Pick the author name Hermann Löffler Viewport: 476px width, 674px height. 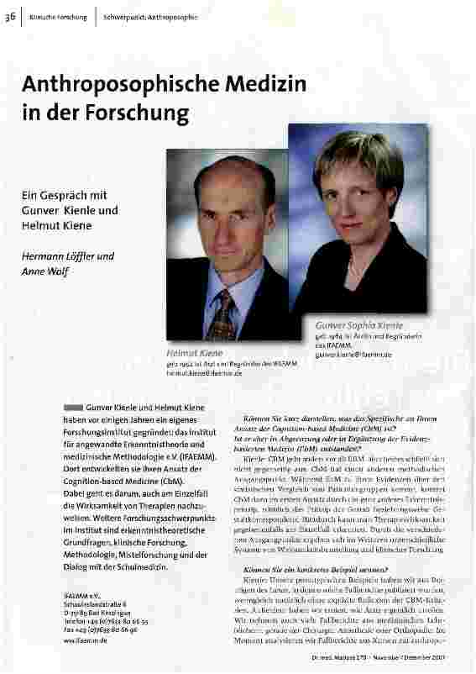pos(67,255)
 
